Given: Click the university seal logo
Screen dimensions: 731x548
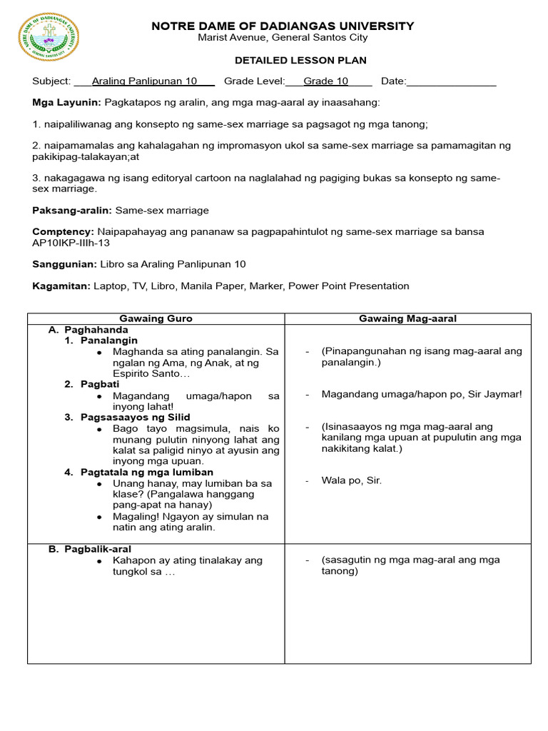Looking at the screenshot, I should (49, 37).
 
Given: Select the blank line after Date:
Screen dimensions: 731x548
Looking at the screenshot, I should (451, 82).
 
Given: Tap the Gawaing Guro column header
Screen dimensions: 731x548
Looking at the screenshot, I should (156, 318).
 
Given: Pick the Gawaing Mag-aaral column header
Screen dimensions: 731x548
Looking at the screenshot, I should (407, 318).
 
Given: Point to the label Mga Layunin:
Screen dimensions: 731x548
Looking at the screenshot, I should (66, 103).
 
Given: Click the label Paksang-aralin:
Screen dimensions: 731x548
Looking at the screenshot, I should (72, 211).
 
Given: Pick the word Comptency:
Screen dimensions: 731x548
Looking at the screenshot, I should (63, 232).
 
